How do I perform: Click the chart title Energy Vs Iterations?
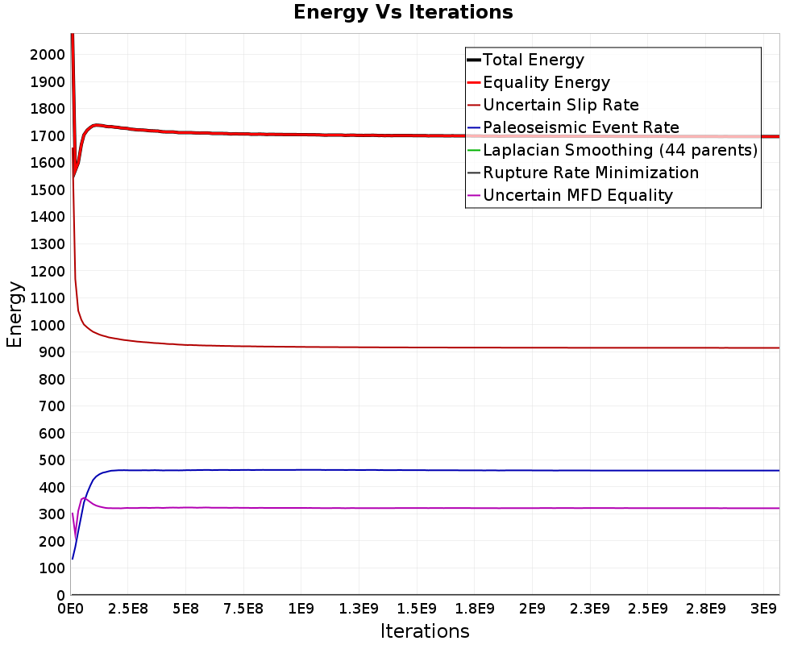(x=403, y=12)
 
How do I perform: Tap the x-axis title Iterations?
(x=425, y=630)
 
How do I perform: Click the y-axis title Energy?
(x=15, y=314)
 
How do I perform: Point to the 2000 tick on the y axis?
(x=48, y=55)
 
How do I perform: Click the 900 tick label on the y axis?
(x=52, y=352)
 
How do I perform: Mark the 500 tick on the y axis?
(x=52, y=460)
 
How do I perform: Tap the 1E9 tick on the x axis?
(x=301, y=610)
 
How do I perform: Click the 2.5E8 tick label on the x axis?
(x=128, y=610)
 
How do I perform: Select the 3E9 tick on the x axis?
(x=763, y=610)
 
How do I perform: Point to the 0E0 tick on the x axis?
(x=71, y=610)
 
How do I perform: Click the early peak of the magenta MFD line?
(x=83, y=498)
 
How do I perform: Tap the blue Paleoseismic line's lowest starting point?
(x=73, y=559)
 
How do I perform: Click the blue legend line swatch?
(x=474, y=127)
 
